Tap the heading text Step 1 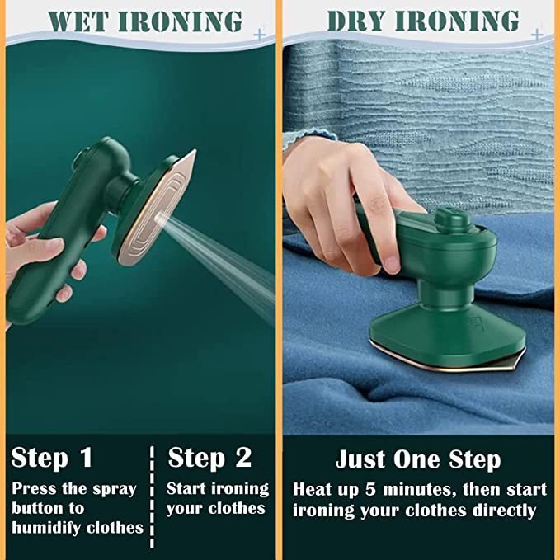52,458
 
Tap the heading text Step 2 209,458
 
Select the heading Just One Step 417,459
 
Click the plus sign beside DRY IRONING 538,34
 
